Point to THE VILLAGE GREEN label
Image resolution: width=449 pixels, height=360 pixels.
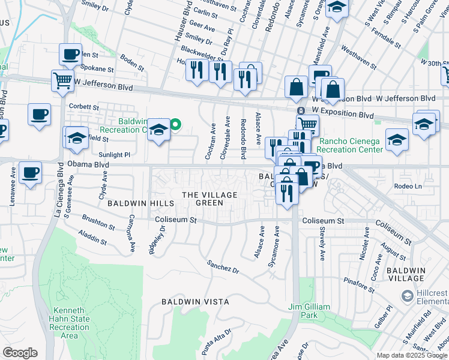point(209,199)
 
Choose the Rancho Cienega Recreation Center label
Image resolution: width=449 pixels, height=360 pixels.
point(348,145)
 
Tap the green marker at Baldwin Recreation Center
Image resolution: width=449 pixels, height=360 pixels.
point(175,125)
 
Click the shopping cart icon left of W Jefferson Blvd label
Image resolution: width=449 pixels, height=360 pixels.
point(62,80)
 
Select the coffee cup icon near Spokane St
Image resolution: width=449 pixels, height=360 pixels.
point(70,54)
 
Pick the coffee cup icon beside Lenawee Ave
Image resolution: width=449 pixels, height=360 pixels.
point(30,172)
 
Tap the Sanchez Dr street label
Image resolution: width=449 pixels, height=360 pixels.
point(223,267)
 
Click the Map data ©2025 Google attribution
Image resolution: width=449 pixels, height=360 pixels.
point(412,355)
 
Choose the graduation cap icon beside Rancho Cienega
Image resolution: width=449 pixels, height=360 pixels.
point(397,139)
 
